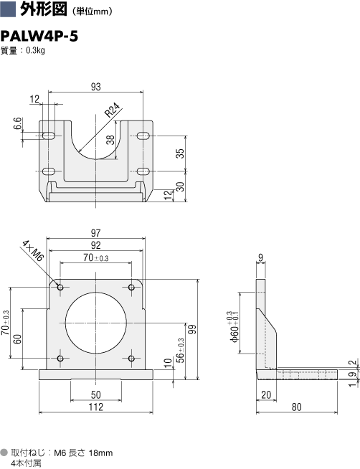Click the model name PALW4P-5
(39, 37)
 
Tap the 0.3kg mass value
(35, 50)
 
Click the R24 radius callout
(113, 110)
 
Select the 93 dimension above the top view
(95, 87)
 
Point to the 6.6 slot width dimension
(18, 124)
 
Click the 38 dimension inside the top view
(110, 140)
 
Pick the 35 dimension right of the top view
(180, 153)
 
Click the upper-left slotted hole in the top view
(49, 136)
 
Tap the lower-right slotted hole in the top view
(143, 171)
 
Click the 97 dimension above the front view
(95, 232)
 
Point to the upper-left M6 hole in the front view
(60, 288)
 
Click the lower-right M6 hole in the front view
(131, 359)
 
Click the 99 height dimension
(193, 329)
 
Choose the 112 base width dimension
(95, 407)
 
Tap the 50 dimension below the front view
(95, 395)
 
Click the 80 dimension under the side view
(297, 407)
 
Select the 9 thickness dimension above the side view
(261, 258)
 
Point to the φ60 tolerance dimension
(234, 326)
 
